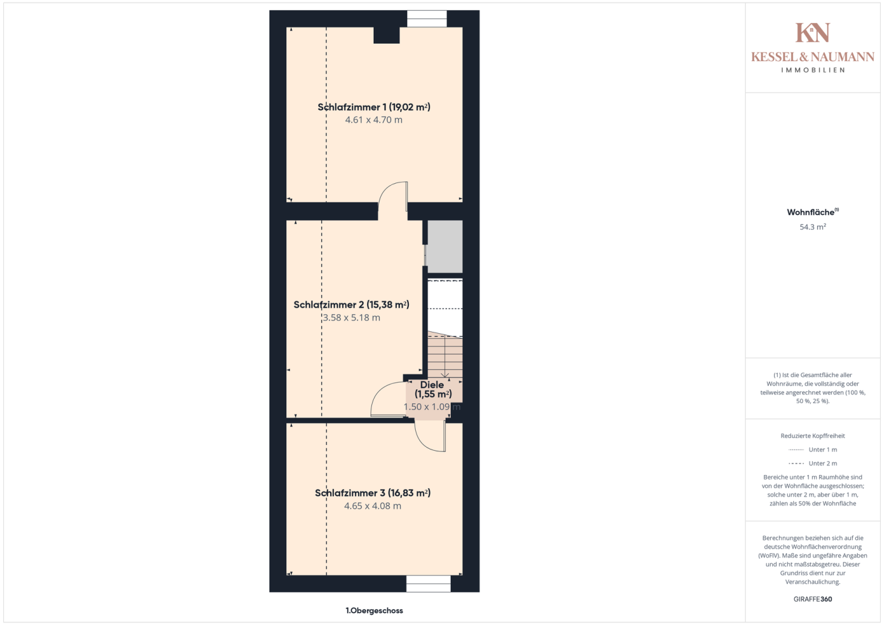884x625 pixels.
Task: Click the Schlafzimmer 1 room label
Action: click(374, 107)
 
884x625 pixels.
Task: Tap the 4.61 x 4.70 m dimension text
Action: click(374, 120)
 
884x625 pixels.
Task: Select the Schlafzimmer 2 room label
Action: click(351, 304)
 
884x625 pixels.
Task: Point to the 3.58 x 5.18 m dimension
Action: click(351, 317)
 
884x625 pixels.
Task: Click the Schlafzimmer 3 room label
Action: click(373, 493)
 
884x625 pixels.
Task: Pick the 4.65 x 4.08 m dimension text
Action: click(373, 506)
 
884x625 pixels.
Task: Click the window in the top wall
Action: click(426, 19)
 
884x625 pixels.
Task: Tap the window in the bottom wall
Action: click(428, 584)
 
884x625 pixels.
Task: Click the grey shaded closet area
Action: click(445, 246)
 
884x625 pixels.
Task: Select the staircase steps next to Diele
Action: click(445, 355)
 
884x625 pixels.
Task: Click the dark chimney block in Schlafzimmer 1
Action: click(386, 35)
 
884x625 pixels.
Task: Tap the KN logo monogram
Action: click(813, 32)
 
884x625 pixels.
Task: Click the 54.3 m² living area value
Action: click(813, 227)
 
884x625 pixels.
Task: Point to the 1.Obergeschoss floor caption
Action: click(374, 611)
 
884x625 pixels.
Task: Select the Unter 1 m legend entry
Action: click(813, 449)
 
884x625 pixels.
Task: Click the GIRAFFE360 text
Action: click(813, 599)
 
